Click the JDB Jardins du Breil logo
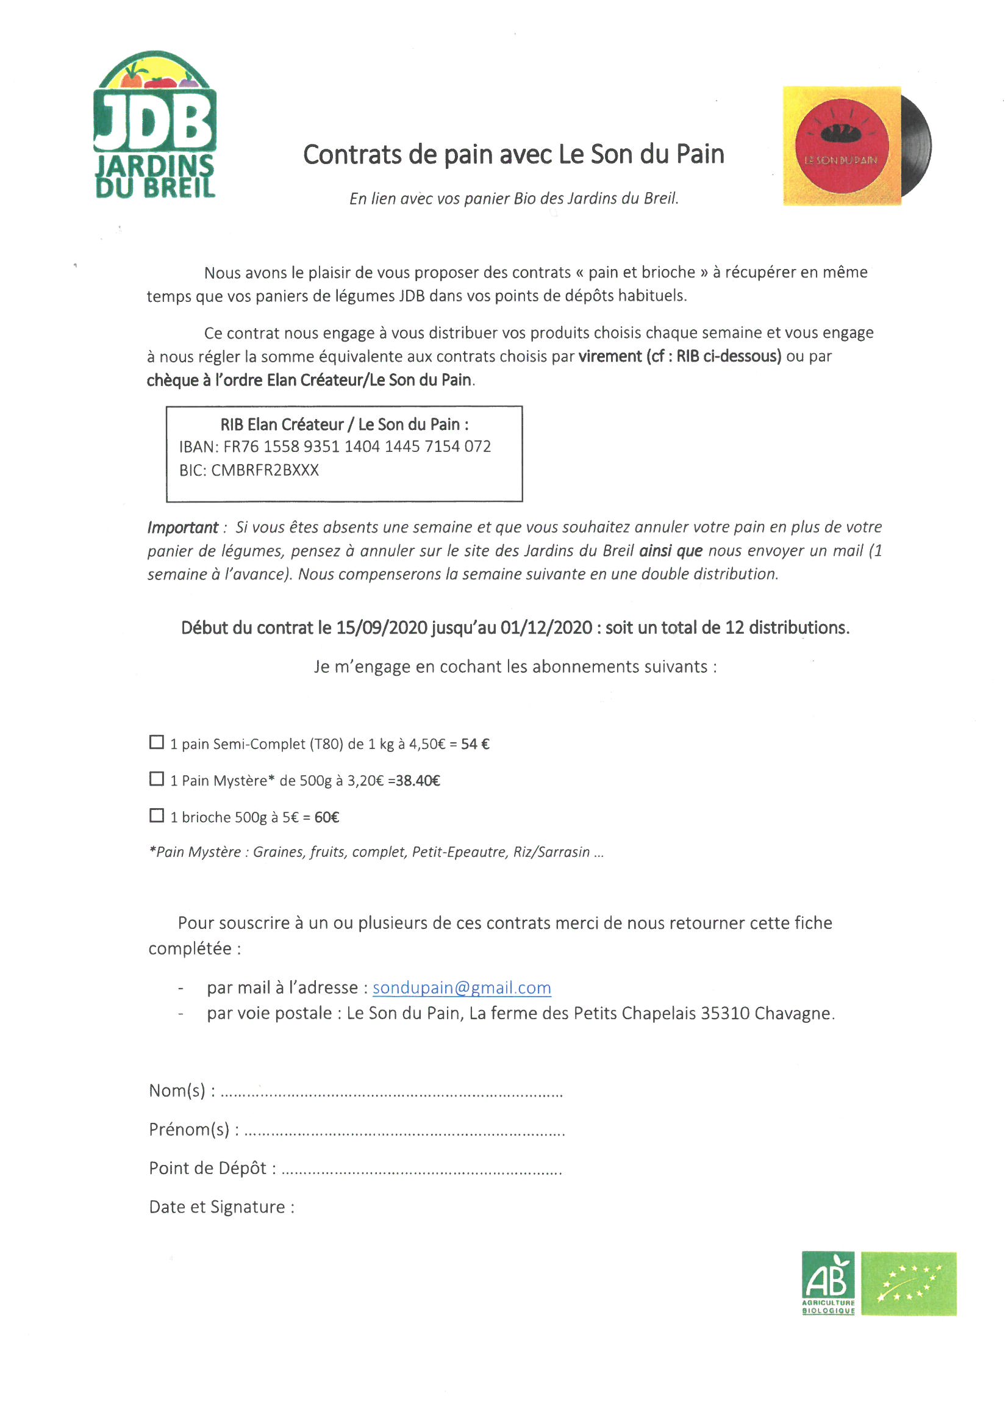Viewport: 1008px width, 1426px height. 155,125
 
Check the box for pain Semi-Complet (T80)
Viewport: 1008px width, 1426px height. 157,742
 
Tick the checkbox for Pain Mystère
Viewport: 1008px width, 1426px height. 157,779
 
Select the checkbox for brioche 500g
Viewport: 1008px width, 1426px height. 157,815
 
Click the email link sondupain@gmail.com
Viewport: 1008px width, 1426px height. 462,988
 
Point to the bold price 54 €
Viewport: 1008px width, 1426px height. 475,744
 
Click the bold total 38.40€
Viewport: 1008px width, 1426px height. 418,781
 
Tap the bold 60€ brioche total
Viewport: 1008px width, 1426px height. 327,817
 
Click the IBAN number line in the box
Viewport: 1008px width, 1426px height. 335,446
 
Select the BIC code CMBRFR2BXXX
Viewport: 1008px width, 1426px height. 265,470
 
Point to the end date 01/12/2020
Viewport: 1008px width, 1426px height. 546,628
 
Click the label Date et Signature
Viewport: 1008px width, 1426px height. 221,1208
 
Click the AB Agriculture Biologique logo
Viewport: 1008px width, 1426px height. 828,1283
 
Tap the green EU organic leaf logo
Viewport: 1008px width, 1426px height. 909,1283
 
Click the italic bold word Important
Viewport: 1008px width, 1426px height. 182,528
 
